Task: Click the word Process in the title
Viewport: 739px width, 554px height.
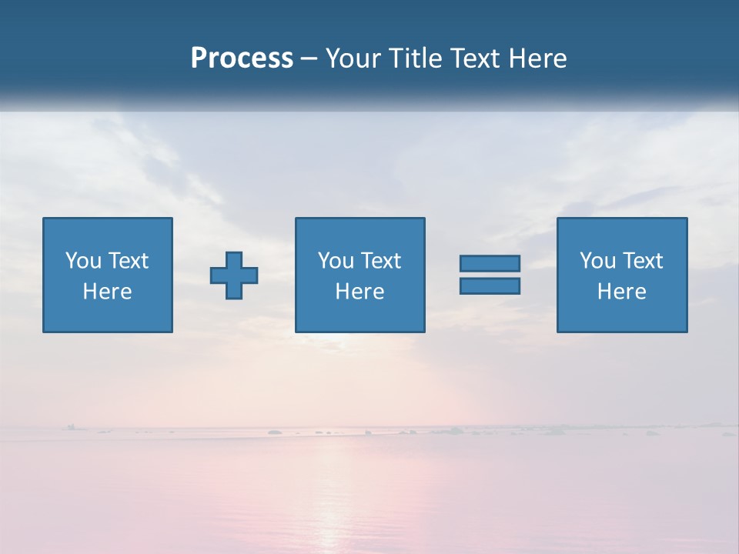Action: (x=242, y=58)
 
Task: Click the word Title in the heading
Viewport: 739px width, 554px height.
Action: (x=413, y=58)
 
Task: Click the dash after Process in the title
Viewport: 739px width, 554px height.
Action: (x=309, y=59)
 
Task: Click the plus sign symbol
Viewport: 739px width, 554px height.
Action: (x=234, y=275)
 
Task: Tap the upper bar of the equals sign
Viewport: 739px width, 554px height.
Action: (x=490, y=263)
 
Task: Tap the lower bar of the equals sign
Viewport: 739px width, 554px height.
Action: (x=490, y=285)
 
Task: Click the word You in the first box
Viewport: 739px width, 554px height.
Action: (x=83, y=261)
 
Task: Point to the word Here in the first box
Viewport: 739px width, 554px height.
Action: (x=108, y=292)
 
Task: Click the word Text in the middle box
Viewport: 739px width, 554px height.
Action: (x=381, y=261)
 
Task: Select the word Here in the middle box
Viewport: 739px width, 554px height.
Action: (x=360, y=292)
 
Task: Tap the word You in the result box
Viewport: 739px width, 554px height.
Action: (x=597, y=261)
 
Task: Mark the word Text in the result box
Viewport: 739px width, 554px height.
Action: (x=643, y=261)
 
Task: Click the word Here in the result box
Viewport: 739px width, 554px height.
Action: (x=622, y=292)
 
